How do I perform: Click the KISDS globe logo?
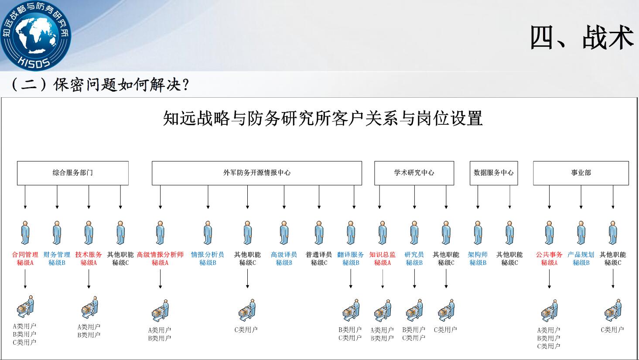[x=35, y=35]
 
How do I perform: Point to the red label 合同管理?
[x=25, y=254]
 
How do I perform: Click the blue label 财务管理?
[x=57, y=254]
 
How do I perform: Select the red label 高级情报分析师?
[x=160, y=254]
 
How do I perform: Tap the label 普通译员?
[x=319, y=254]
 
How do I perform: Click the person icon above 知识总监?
[x=383, y=233]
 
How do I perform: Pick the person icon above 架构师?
[x=478, y=233]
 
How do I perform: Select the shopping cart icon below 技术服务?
[x=89, y=308]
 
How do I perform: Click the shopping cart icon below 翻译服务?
[x=351, y=310]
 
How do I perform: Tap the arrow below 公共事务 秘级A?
[x=549, y=279]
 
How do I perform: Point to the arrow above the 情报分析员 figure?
[x=208, y=197]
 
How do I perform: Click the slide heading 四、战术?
[x=581, y=37]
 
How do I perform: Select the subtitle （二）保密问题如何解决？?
[x=100, y=85]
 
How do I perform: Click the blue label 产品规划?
[x=581, y=254]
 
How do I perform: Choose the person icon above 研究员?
[x=414, y=233]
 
